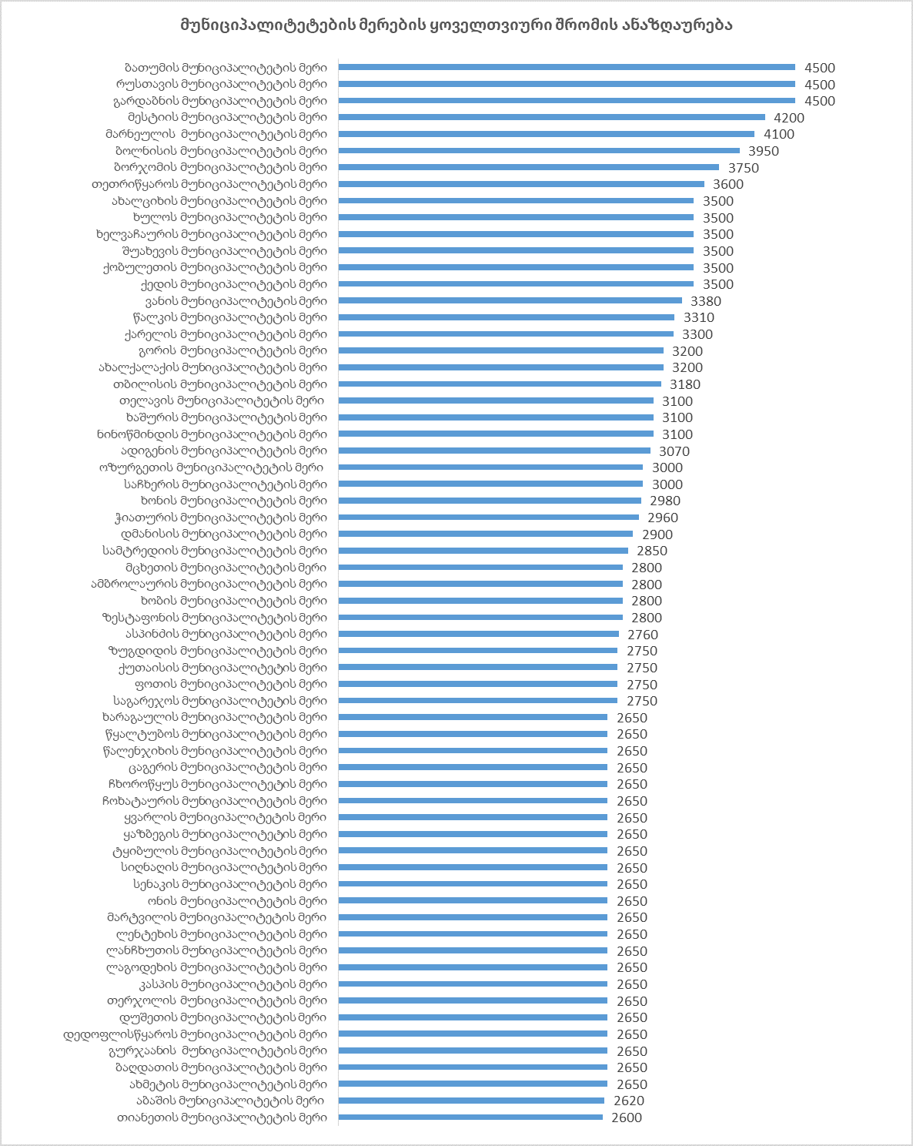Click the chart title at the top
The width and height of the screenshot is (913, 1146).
(x=456, y=25)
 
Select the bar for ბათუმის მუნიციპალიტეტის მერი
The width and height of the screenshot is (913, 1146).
(x=567, y=68)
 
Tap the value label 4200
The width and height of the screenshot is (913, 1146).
(x=789, y=118)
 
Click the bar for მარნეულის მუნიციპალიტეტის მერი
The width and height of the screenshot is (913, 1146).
(x=547, y=134)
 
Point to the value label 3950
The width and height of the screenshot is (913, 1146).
(x=764, y=151)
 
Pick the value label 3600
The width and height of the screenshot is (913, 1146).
(x=728, y=184)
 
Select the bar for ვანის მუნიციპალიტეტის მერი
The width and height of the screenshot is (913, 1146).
(x=510, y=301)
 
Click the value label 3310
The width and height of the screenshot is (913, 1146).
(x=699, y=317)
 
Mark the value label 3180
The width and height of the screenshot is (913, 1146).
(x=685, y=384)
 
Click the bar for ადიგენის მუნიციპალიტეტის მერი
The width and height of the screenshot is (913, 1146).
(x=494, y=451)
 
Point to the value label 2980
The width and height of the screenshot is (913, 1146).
(x=665, y=501)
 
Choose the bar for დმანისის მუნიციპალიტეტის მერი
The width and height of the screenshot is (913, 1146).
(x=486, y=534)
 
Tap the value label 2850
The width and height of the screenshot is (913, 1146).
(x=652, y=551)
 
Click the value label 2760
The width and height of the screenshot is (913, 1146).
(x=643, y=635)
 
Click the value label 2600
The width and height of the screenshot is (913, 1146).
(x=627, y=1118)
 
